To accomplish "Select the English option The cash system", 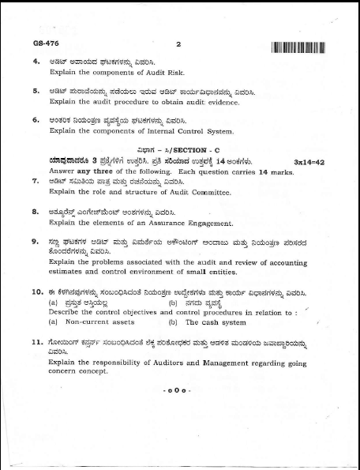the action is pyautogui.click(x=216, y=322).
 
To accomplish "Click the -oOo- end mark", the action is pyautogui.click(x=178, y=390).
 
